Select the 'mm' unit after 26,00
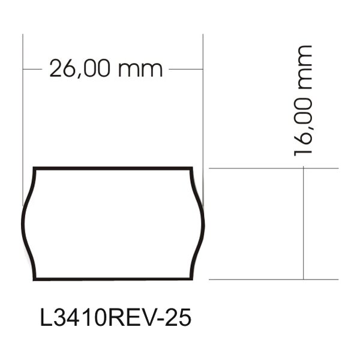(141, 70)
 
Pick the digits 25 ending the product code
(179, 318)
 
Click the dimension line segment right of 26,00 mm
(186, 70)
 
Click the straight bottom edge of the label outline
(114, 278)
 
